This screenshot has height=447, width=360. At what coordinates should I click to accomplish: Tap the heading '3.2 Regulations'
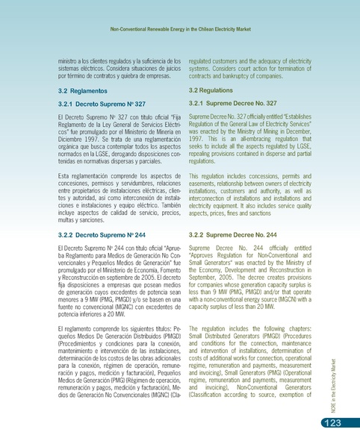coord(214,90)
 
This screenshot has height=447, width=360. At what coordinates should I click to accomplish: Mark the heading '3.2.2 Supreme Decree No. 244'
coord(234,235)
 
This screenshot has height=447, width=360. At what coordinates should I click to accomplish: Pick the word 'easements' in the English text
coord(204,184)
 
